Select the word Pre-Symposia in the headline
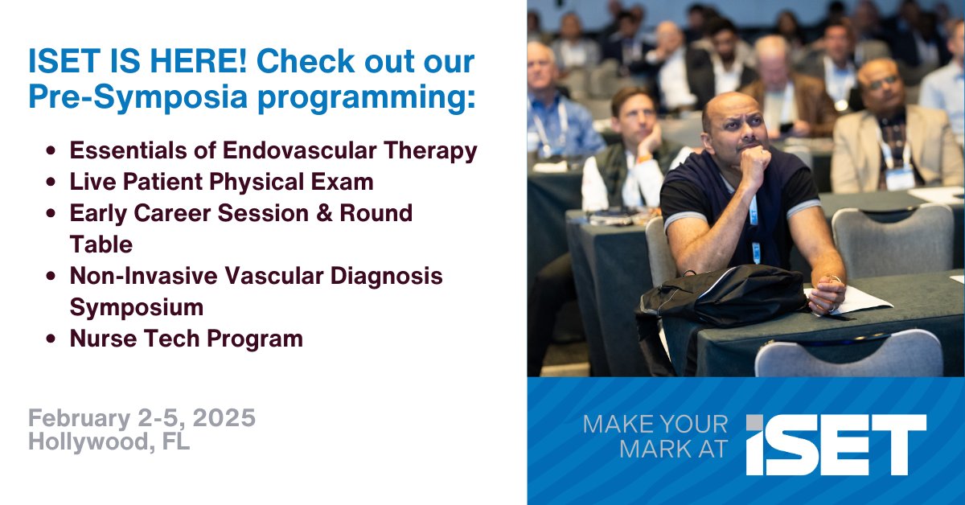point(138,97)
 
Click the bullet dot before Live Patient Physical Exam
point(51,182)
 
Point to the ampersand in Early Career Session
point(324,213)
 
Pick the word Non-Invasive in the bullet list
point(143,276)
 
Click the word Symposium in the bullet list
point(137,308)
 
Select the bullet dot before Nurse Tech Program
point(51,339)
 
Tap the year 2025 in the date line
point(224,417)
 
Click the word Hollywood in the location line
point(88,441)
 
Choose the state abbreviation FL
point(176,441)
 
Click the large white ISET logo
point(836,445)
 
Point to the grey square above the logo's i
point(754,422)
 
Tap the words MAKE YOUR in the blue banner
point(655,425)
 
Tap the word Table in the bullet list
point(101,244)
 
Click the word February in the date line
point(80,418)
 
